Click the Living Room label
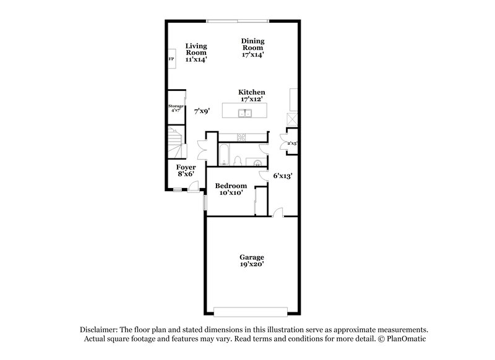[196, 53]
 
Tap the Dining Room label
[252, 48]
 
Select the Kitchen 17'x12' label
[252, 96]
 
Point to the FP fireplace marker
[171, 59]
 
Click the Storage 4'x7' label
[176, 109]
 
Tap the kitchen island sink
[246, 113]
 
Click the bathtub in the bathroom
[223, 153]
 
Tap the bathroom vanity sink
[257, 162]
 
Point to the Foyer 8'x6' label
[186, 171]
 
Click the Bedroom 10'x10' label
[231, 189]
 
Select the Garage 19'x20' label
[252, 260]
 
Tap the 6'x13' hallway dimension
[283, 176]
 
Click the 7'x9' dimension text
[202, 111]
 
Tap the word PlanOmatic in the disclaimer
[406, 339]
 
